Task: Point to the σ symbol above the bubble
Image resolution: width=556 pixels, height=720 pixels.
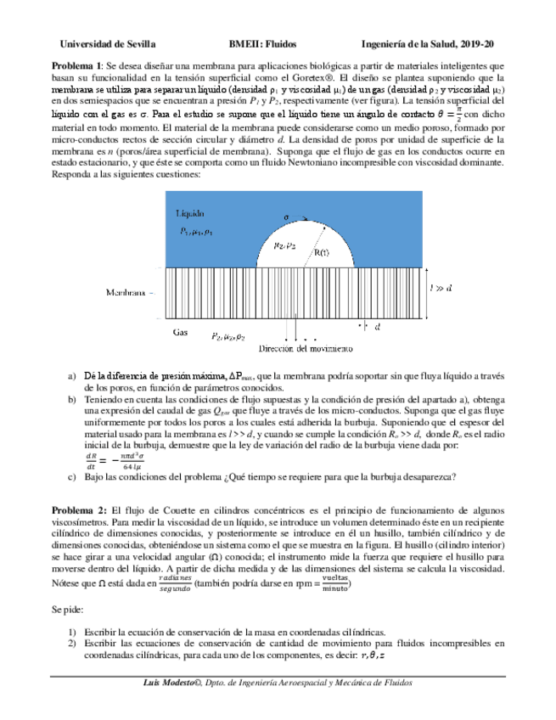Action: coord(286,217)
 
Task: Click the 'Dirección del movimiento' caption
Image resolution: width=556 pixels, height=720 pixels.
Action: coord(299,348)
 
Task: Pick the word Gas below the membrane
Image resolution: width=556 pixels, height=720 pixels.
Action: coord(180,332)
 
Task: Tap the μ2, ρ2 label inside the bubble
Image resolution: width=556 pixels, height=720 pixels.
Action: coord(284,245)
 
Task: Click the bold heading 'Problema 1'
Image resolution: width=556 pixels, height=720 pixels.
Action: coord(77,65)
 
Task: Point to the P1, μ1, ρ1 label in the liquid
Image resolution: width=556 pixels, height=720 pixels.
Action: coord(197,231)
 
